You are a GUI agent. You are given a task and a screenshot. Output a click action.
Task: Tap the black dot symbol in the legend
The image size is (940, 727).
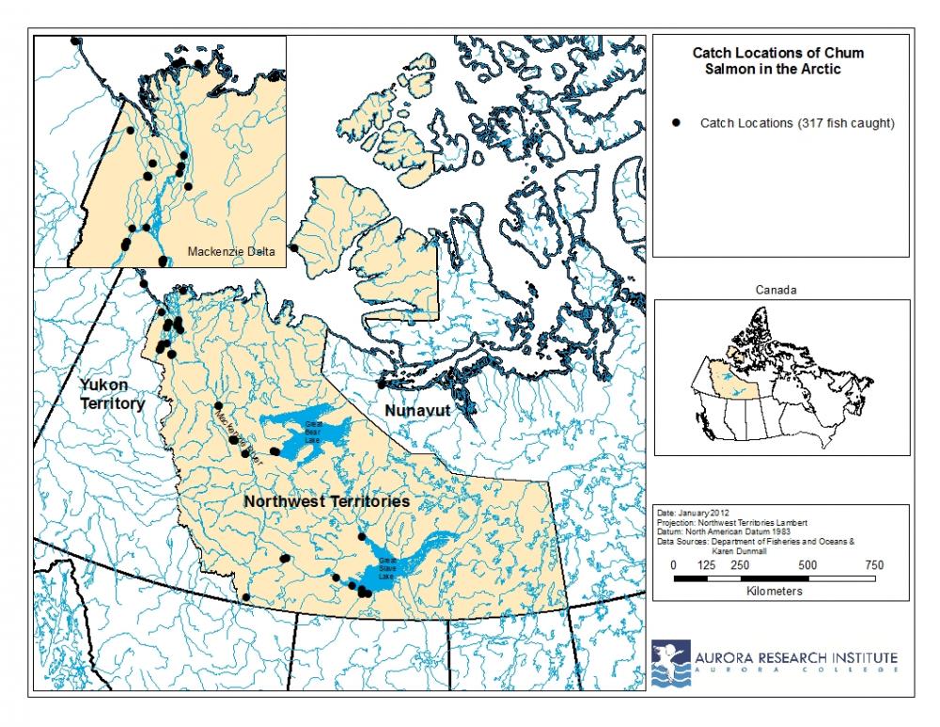[x=675, y=123]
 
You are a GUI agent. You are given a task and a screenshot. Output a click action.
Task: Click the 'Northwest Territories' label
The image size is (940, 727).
[x=326, y=501]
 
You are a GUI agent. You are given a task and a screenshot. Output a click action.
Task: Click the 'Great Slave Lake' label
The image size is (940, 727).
[x=388, y=566]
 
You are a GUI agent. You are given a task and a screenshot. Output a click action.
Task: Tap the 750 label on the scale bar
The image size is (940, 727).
[x=873, y=564]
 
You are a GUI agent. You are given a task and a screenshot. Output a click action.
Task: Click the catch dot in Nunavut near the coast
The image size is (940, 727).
[x=381, y=384]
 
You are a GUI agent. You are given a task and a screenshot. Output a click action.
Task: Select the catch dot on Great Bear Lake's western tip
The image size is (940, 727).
[x=274, y=451]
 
